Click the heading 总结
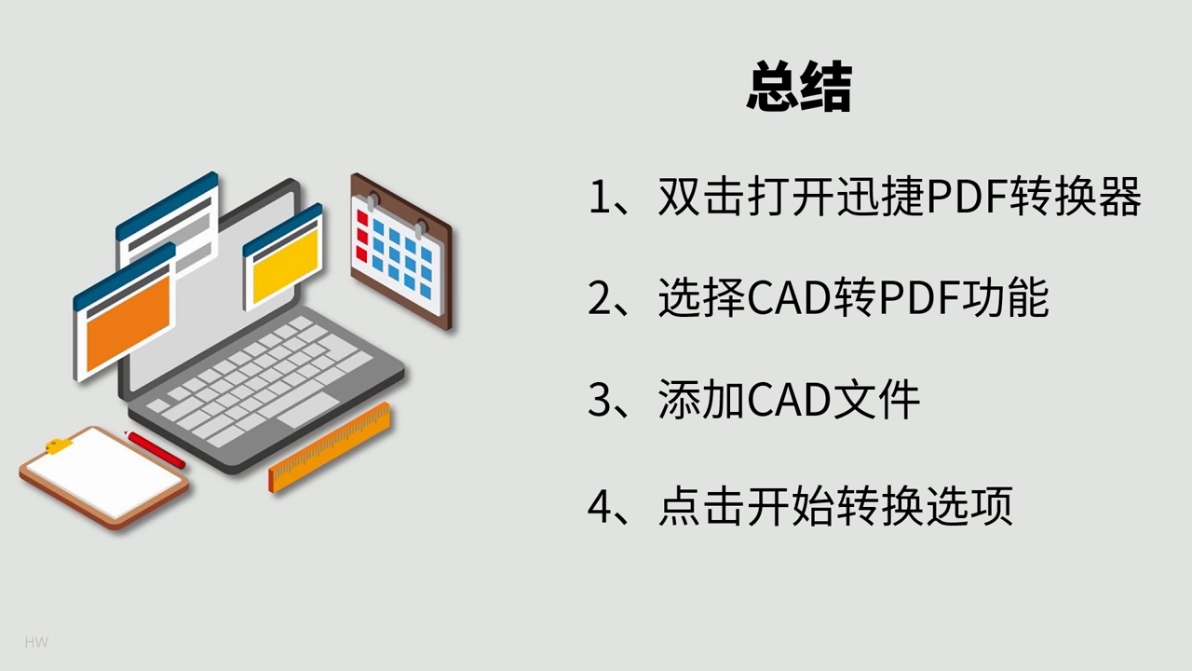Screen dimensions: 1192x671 (799, 87)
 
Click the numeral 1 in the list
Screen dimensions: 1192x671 (600, 197)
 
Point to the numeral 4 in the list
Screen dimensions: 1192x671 (601, 505)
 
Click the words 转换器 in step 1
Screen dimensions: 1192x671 (1075, 197)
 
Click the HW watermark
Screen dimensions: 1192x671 (36, 642)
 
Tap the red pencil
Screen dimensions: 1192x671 (155, 449)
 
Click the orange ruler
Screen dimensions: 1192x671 (330, 448)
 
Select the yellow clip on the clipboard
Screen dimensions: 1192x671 (59, 445)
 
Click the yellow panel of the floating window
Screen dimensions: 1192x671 (286, 267)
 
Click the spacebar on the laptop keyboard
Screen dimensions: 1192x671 (308, 410)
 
